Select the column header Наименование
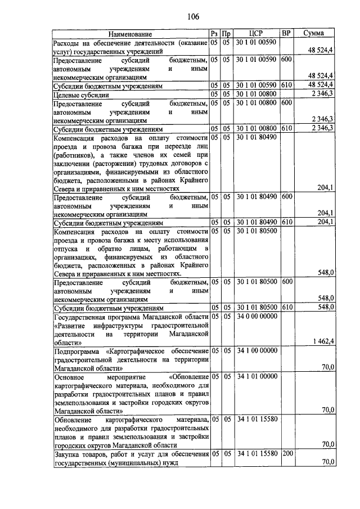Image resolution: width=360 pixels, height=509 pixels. (130, 34)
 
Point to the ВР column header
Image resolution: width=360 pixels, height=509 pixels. (286, 34)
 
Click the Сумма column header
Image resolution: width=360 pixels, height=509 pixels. (313, 34)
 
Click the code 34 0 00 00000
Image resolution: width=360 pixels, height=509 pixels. (256, 317)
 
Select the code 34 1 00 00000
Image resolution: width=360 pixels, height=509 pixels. (256, 350)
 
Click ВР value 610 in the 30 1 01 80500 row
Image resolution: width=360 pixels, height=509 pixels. (286, 307)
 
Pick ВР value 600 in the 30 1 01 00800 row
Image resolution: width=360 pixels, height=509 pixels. (286, 103)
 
